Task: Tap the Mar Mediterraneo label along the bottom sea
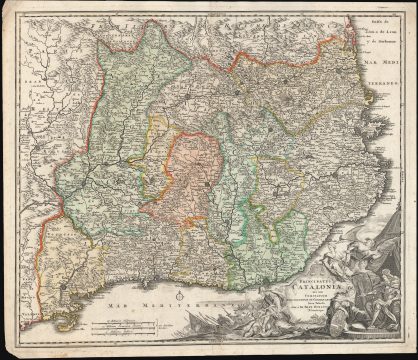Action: [x=145, y=299]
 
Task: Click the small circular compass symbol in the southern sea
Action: [x=177, y=296]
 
